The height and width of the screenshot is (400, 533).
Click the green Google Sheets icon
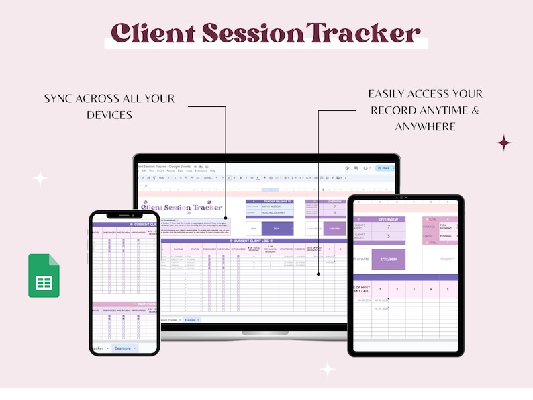[x=44, y=276]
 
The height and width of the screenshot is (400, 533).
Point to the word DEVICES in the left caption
[x=109, y=115]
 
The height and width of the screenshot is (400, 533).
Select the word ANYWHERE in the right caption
[x=426, y=126]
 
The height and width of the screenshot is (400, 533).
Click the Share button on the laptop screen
[x=383, y=168]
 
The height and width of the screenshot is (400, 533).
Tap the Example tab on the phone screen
[x=124, y=348]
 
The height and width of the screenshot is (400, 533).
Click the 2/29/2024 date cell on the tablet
[x=389, y=259]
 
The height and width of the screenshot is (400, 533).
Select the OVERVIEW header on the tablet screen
[x=389, y=219]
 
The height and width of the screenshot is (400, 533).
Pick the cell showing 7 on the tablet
[x=389, y=227]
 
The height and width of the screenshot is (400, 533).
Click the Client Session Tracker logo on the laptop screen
[x=181, y=208]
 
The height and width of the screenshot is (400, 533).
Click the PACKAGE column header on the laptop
[x=179, y=249]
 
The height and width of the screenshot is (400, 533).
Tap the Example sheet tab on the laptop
[x=191, y=320]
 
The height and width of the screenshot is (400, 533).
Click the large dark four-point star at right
[x=503, y=143]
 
